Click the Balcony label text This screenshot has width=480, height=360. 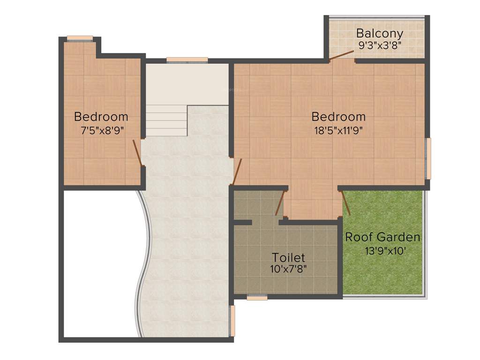tap(379, 33)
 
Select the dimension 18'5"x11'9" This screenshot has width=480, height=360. tap(338, 130)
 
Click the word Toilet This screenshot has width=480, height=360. tap(288, 257)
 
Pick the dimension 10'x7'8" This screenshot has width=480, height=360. tap(288, 269)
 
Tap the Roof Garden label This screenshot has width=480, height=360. tap(382, 237)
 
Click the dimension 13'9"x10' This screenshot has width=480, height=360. tap(382, 250)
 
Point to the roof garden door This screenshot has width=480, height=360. tap(346, 202)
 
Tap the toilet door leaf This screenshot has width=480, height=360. tap(280, 203)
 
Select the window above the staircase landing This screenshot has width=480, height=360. tap(187, 60)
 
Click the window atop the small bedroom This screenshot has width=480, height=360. tap(80, 38)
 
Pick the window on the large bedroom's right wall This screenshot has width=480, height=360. tap(428, 158)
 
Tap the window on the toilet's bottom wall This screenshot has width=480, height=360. tap(257, 297)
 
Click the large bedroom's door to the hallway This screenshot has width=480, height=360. tap(237, 172)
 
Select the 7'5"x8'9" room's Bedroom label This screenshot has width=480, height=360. tap(101, 116)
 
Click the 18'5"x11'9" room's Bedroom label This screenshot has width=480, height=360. tap(338, 116)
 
